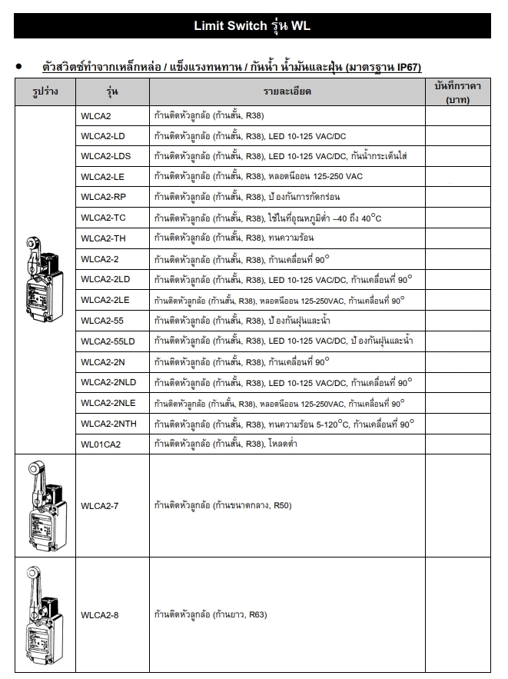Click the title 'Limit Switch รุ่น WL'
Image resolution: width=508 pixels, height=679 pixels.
pos(253,26)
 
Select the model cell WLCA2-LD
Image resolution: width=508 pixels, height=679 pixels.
pos(102,136)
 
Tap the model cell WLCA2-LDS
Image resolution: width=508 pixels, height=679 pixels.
pos(105,156)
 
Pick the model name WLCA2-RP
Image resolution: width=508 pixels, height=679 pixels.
pos(102,197)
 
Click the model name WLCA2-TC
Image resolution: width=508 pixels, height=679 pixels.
pos(102,218)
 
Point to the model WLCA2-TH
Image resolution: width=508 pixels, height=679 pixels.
pos(102,238)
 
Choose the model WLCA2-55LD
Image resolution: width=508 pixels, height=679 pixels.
pos(108,341)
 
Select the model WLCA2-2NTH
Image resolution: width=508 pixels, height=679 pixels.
pos(109,423)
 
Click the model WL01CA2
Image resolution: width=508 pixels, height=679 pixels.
pos(101,444)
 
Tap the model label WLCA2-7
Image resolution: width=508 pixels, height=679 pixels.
pos(99,505)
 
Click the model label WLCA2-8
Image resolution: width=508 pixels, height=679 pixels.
pos(99,615)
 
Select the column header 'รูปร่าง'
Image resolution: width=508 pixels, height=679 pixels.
pos(45,92)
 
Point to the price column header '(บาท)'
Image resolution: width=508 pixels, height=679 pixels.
pos(457,99)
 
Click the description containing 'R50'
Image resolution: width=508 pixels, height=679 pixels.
pos(223,505)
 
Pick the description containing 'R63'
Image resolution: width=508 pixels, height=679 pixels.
pos(211,615)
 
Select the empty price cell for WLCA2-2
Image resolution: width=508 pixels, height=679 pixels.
pos(457,258)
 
